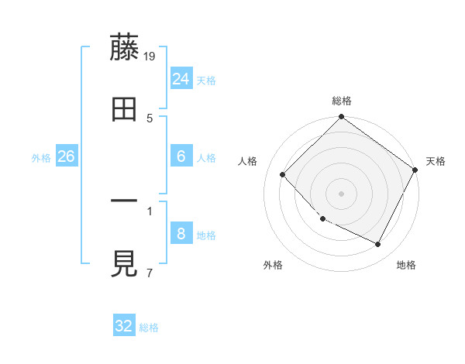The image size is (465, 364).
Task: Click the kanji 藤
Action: pyautogui.click(x=124, y=47)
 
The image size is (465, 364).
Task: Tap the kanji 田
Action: pyautogui.click(x=124, y=110)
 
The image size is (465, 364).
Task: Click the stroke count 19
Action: pyautogui.click(x=150, y=55)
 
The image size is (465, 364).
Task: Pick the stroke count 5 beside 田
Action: pyautogui.click(x=150, y=118)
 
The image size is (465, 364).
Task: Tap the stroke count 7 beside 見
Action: pyautogui.click(x=149, y=273)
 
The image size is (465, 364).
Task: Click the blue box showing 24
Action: pyautogui.click(x=181, y=79)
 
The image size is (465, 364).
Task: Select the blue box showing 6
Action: pyautogui.click(x=181, y=156)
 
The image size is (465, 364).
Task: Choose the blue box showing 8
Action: pyautogui.click(x=181, y=234)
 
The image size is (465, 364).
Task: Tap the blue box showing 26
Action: pyautogui.click(x=66, y=156)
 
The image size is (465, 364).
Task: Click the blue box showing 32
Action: pyautogui.click(x=124, y=326)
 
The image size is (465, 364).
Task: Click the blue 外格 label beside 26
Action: pyautogui.click(x=41, y=158)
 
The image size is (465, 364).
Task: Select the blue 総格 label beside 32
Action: pyautogui.click(x=149, y=328)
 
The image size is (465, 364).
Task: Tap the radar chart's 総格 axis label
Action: pyautogui.click(x=342, y=101)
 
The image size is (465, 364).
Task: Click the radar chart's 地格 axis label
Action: pyautogui.click(x=406, y=265)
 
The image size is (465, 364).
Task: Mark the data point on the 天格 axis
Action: pyautogui.click(x=415, y=170)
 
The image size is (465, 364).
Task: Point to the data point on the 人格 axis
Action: pyautogui.click(x=283, y=174)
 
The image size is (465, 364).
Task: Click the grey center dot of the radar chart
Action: pyautogui.click(x=342, y=193)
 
